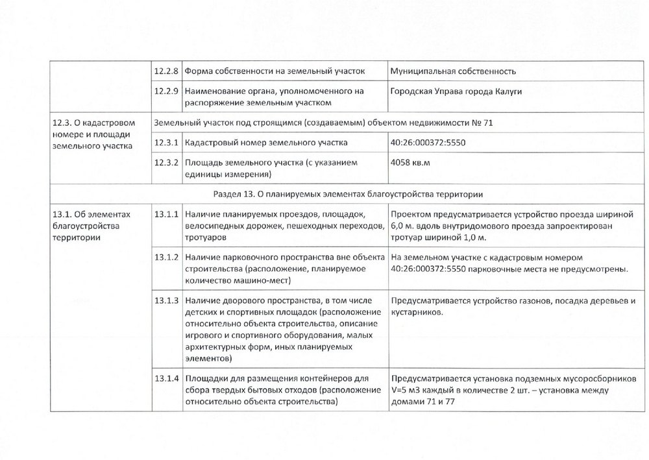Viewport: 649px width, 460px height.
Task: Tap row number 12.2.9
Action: tap(166, 91)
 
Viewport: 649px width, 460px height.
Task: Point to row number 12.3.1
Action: tap(166, 142)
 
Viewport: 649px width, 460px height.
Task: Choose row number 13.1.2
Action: tap(166, 257)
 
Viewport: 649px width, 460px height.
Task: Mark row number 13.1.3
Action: tap(166, 300)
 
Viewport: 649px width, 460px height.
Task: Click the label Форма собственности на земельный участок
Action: tap(275, 71)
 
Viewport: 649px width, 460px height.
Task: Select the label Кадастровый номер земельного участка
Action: tap(266, 142)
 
